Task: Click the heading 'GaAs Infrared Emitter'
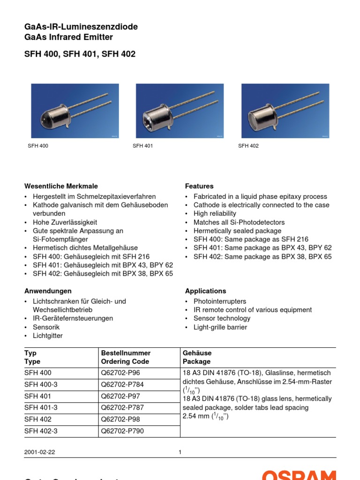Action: point(68,37)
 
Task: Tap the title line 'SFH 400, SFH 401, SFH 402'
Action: point(80,54)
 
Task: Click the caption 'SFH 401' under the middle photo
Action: point(142,146)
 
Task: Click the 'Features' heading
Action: point(199,186)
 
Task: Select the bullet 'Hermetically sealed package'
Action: point(237,231)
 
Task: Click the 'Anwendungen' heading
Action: point(48,291)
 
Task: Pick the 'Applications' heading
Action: point(205,291)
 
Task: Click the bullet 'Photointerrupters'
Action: point(220,301)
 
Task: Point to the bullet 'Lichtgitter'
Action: point(47,336)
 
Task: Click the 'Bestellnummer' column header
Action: point(126,352)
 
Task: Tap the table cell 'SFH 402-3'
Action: point(41,431)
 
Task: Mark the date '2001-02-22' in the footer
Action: point(39,452)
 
